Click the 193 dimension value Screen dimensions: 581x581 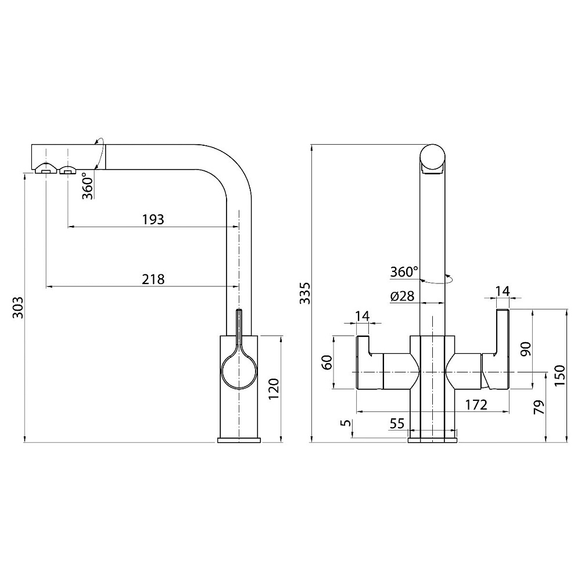pos(153,220)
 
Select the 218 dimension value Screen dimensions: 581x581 pos(153,279)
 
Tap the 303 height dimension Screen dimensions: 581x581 pos(18,307)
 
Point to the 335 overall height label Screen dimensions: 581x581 pos(304,293)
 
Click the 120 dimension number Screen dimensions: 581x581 pos(274,389)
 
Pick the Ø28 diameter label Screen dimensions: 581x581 pos(402,296)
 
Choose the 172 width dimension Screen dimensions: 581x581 pos(476,405)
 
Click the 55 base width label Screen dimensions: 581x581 pos(397,423)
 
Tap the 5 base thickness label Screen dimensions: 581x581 pos(346,423)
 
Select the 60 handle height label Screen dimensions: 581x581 pos(327,362)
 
